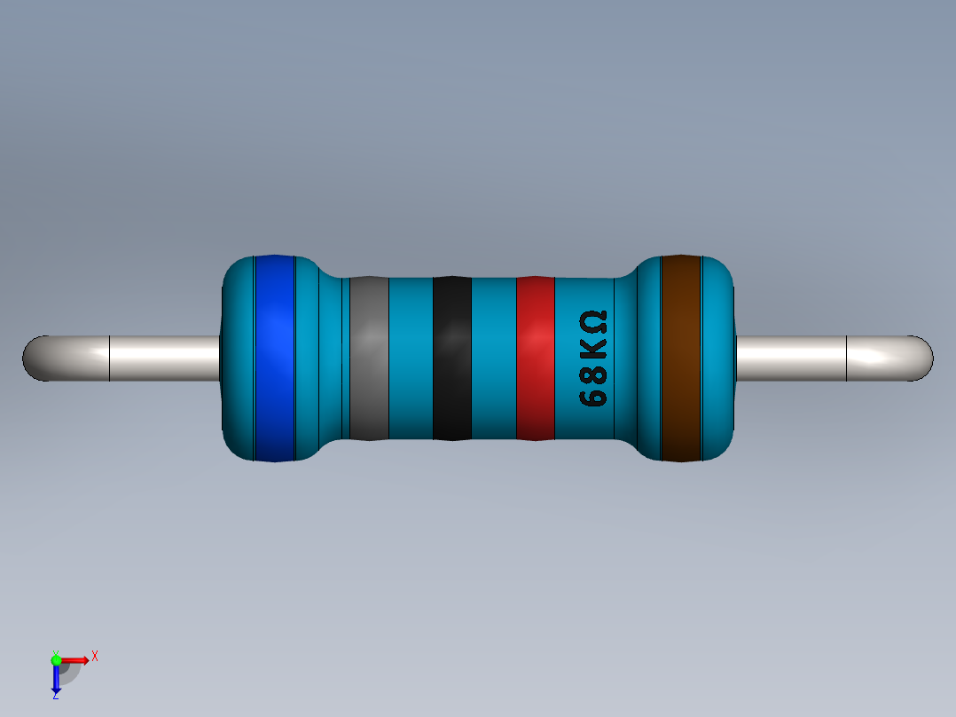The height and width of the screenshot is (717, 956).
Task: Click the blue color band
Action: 274,358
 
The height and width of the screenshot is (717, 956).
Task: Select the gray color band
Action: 369,358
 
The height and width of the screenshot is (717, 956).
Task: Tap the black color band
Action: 451,358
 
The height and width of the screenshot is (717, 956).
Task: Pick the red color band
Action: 535,358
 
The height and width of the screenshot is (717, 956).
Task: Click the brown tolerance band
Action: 681,358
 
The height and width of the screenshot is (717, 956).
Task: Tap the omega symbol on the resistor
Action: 592,320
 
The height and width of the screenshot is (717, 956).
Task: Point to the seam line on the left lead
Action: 109,358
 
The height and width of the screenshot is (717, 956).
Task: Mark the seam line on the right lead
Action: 847,358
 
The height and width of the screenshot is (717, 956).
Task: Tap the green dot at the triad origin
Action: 56,659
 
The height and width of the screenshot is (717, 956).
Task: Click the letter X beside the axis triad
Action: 94,657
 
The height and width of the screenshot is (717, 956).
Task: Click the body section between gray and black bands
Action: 411,358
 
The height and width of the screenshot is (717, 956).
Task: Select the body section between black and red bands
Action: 493,358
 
